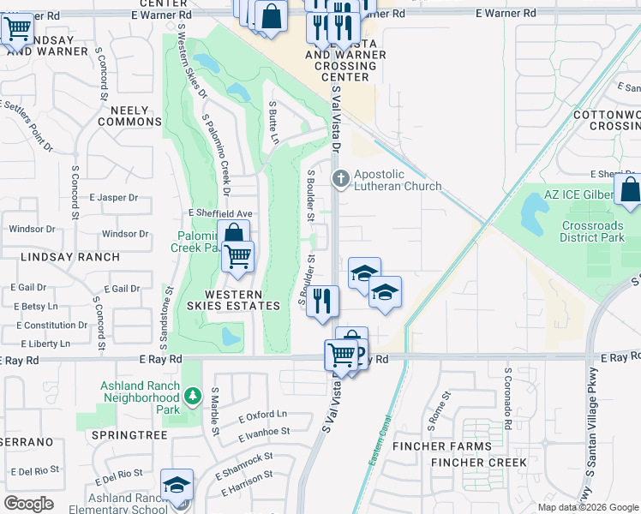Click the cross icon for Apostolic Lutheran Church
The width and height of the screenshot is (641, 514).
pyautogui.click(x=340, y=179)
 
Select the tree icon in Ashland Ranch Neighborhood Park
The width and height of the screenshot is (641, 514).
pyautogui.click(x=193, y=395)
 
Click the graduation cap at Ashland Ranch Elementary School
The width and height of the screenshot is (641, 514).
pyautogui.click(x=177, y=485)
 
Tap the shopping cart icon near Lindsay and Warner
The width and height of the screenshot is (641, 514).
pyautogui.click(x=16, y=28)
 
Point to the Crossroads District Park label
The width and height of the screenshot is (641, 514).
pyautogui.click(x=591, y=231)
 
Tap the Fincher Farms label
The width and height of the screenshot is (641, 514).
pyautogui.click(x=442, y=446)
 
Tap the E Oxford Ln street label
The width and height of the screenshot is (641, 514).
pyautogui.click(x=262, y=415)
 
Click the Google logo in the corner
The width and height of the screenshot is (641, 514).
pyautogui.click(x=29, y=504)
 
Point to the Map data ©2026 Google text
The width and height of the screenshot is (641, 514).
pyautogui.click(x=587, y=507)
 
